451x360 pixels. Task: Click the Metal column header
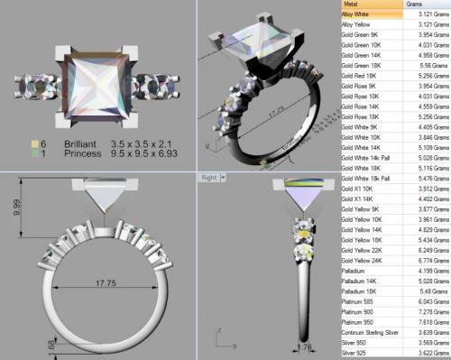click(348, 5)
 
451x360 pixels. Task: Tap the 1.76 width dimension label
click(281, 346)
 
